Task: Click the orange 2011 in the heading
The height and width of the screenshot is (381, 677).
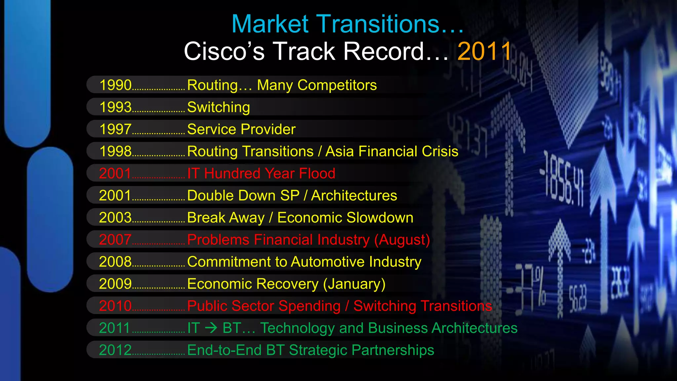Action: pyautogui.click(x=484, y=52)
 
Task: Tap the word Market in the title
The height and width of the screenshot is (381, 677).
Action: pyautogui.click(x=270, y=24)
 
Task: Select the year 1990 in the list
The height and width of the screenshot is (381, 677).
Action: pyautogui.click(x=116, y=85)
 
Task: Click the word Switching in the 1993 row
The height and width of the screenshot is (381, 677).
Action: pyautogui.click(x=219, y=107)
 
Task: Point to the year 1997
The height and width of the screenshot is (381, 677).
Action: pyautogui.click(x=116, y=129)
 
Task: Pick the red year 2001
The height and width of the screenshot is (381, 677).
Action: pyautogui.click(x=115, y=174)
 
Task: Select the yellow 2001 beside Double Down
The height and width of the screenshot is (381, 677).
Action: pyautogui.click(x=115, y=195)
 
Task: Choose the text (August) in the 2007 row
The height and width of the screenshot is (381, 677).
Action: pyautogui.click(x=402, y=240)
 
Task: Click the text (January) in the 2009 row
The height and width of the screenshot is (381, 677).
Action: pyautogui.click(x=354, y=284)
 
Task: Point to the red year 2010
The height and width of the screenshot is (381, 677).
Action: pyautogui.click(x=115, y=306)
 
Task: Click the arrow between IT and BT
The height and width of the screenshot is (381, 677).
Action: pyautogui.click(x=211, y=328)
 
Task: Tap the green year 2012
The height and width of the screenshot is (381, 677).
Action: pyautogui.click(x=115, y=350)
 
